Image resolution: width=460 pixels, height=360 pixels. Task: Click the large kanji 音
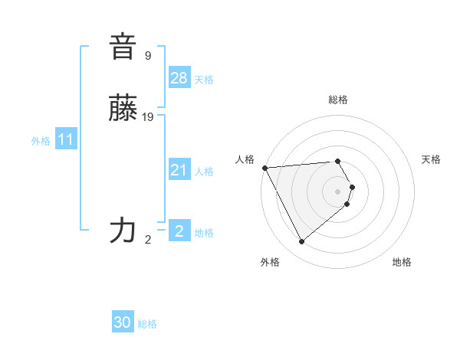click(x=123, y=47)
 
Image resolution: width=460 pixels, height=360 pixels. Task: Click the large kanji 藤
click(x=123, y=109)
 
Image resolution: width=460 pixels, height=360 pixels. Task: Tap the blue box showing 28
click(x=179, y=78)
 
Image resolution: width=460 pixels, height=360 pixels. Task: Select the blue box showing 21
click(x=179, y=170)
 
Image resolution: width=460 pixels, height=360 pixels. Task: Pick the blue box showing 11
click(x=65, y=140)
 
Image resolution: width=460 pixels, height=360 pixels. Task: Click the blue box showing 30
click(x=123, y=322)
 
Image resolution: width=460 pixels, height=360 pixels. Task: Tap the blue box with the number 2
click(x=179, y=231)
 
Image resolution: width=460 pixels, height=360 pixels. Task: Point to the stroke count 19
click(x=148, y=116)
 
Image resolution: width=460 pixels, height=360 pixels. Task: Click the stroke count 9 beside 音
click(x=148, y=55)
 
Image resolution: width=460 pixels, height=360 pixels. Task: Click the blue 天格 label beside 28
click(x=204, y=80)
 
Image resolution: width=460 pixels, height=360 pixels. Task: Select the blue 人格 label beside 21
click(x=204, y=172)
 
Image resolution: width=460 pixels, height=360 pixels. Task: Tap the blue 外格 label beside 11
click(x=41, y=141)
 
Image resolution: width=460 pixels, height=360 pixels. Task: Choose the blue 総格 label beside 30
click(x=147, y=324)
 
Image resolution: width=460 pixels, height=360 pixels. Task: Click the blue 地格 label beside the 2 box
click(x=204, y=233)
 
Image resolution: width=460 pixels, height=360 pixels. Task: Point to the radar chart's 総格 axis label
click(x=338, y=100)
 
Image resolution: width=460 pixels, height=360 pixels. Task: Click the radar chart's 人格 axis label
click(x=245, y=159)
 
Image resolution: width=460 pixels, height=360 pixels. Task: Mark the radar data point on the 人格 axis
click(x=264, y=168)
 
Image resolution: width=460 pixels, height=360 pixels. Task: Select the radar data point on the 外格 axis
click(x=302, y=241)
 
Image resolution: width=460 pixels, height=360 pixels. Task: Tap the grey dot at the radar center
click(x=338, y=191)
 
